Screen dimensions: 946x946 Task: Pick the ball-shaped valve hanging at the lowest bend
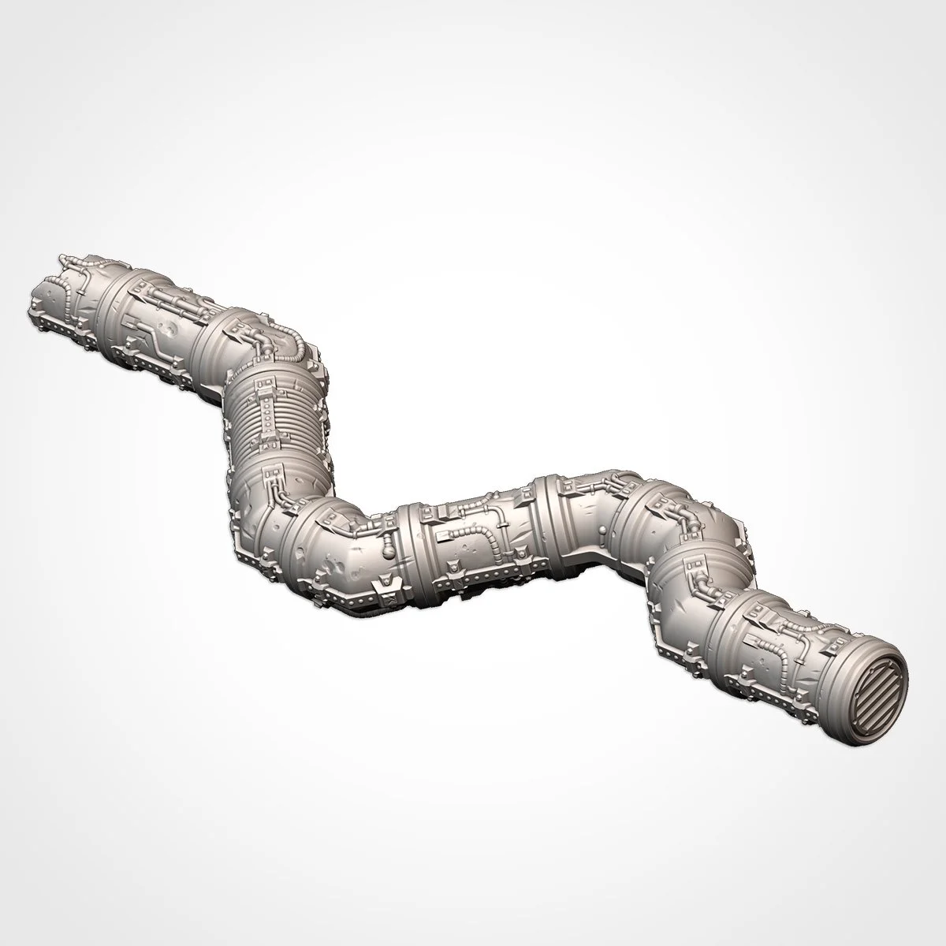point(389,546)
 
